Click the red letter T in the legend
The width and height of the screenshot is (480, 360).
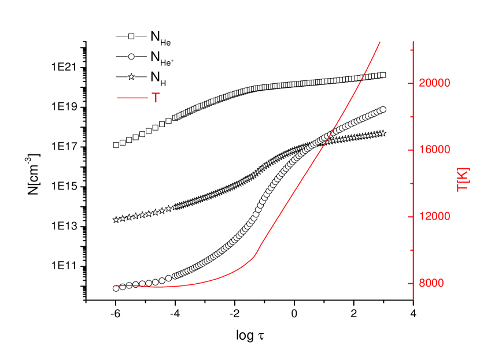(x=156, y=98)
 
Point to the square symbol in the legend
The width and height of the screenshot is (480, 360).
(x=131, y=36)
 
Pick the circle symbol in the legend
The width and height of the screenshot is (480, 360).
(x=131, y=56)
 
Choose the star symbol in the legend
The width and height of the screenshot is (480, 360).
(x=131, y=76)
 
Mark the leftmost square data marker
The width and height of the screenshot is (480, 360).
(x=116, y=145)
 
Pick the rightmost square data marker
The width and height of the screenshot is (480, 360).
(x=383, y=75)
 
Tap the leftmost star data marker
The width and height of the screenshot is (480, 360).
(x=116, y=220)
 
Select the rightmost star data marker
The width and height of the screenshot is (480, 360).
(x=383, y=133)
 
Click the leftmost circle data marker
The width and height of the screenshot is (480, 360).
(x=116, y=288)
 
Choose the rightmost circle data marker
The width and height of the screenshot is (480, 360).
(x=383, y=109)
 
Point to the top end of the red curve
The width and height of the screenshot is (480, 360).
(x=380, y=42)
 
